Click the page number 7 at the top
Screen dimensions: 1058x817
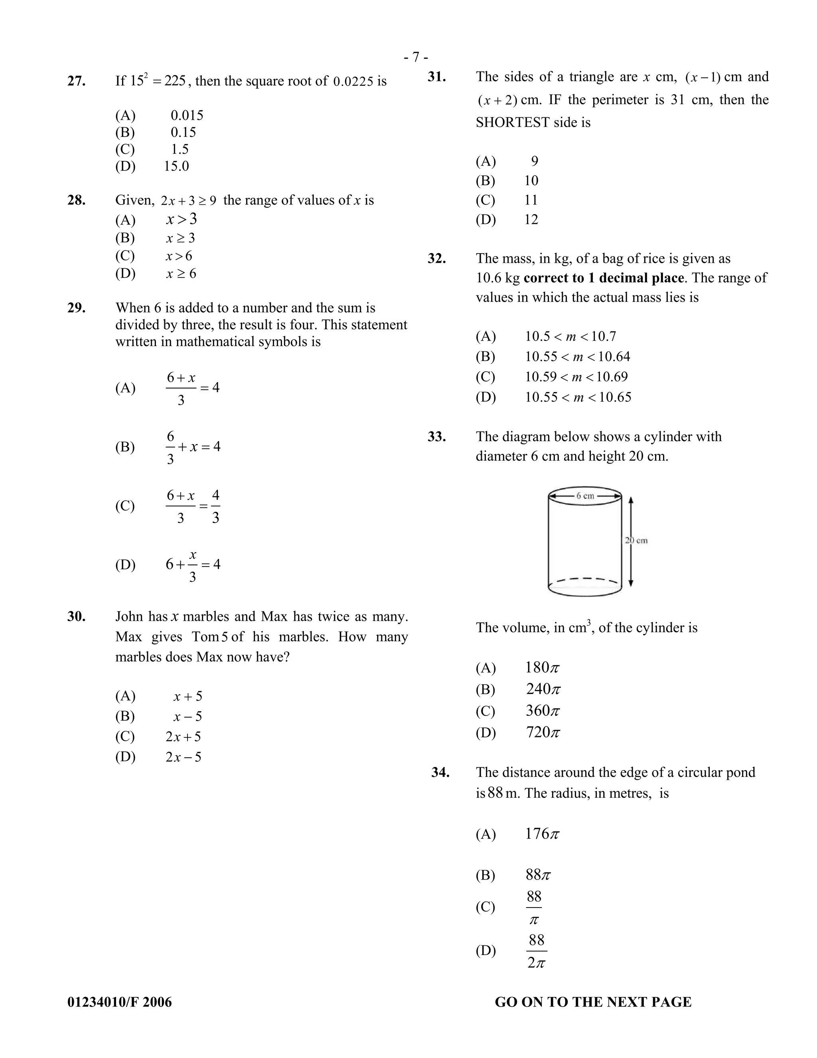coord(416,57)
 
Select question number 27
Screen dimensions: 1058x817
coord(77,81)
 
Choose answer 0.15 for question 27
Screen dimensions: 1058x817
coord(183,132)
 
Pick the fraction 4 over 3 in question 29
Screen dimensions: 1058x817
coord(215,506)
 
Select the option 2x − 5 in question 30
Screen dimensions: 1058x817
coord(183,757)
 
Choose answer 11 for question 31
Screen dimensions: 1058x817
coord(531,200)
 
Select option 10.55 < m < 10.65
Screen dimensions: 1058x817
coord(578,397)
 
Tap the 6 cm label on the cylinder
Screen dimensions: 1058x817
coord(585,495)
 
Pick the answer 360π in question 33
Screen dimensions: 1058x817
coord(543,711)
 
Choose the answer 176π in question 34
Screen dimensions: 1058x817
coord(542,834)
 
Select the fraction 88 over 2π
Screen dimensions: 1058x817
coord(536,951)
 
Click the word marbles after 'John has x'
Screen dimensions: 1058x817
coord(206,617)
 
